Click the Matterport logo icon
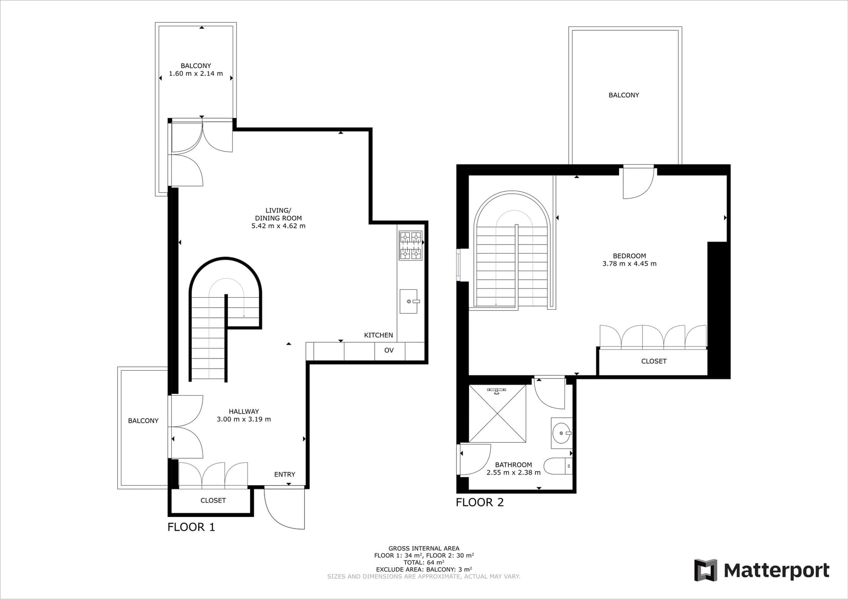(x=705, y=570)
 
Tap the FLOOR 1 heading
(x=191, y=527)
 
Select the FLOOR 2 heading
(x=480, y=503)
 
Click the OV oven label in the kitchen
(x=389, y=351)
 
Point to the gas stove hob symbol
(x=410, y=245)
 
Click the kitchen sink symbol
(x=409, y=301)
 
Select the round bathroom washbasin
(x=562, y=433)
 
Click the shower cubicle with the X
(x=498, y=414)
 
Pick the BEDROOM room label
(x=630, y=256)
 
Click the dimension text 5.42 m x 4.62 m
(x=278, y=226)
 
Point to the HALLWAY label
(x=244, y=412)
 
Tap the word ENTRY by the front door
(x=285, y=475)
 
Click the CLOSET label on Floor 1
(x=213, y=500)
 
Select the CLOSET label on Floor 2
(x=654, y=361)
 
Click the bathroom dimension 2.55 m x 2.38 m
(x=514, y=472)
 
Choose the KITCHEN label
(x=378, y=335)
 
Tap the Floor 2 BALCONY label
(x=624, y=95)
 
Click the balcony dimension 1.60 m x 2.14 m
(x=196, y=74)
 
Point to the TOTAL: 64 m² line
(x=424, y=562)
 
